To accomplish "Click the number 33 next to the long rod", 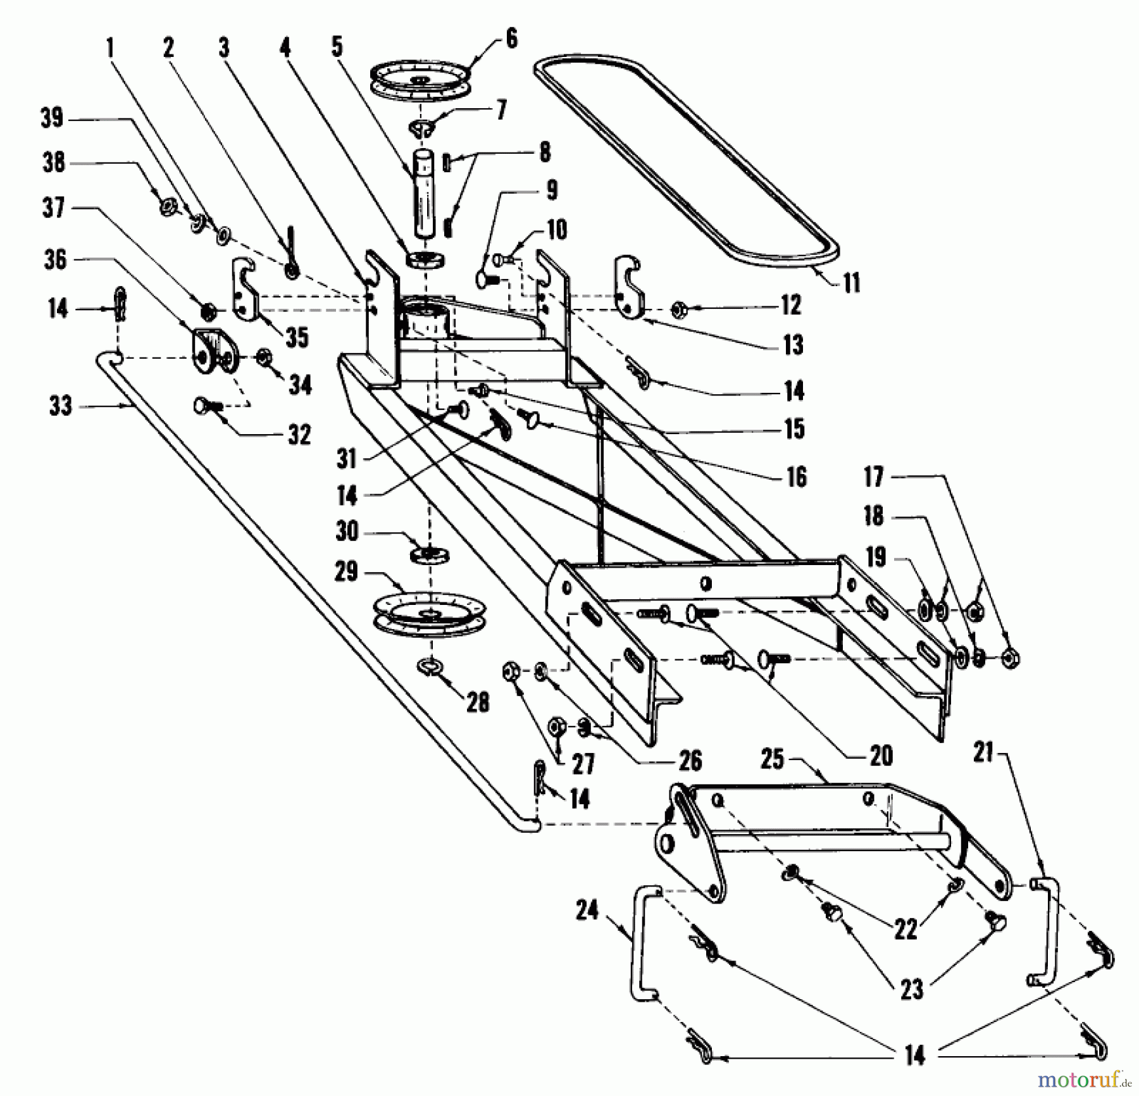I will coord(61,406).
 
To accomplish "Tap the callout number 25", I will coord(772,759).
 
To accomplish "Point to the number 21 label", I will coord(983,753).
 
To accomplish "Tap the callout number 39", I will coord(52,118).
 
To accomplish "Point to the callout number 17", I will coord(874,477).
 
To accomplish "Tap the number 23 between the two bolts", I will coord(911,989).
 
